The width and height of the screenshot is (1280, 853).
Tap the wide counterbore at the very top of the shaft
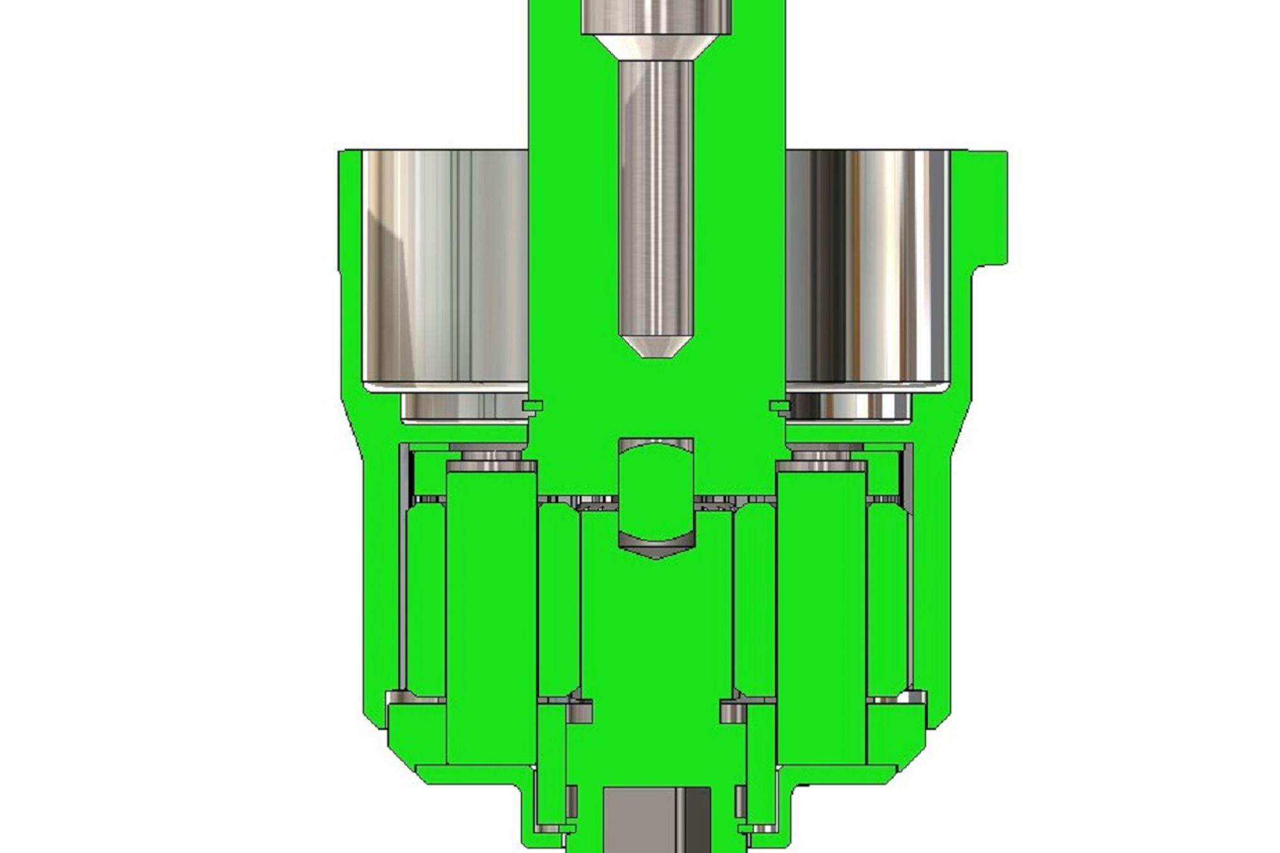(x=655, y=17)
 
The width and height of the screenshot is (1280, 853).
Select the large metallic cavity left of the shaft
(x=445, y=266)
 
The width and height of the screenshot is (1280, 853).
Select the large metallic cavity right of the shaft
(x=867, y=266)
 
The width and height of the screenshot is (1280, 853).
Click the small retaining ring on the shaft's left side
(x=532, y=405)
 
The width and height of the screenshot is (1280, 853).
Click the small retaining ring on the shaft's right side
(x=778, y=405)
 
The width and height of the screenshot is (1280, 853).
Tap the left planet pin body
(x=491, y=614)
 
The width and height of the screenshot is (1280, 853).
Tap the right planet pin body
(x=821, y=614)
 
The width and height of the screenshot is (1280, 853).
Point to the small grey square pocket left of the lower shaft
(x=580, y=712)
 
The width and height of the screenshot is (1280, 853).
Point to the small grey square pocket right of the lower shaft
(x=732, y=712)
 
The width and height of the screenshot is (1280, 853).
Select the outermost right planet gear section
(x=886, y=602)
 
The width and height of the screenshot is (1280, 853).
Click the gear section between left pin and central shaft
(x=558, y=602)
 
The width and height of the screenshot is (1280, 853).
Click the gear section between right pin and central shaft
(x=754, y=602)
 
